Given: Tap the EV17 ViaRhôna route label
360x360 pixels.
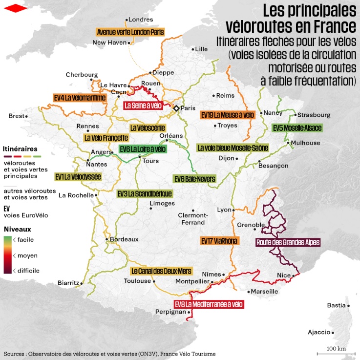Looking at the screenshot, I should pos(219,241).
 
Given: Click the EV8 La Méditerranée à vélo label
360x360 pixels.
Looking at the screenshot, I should pos(209,304).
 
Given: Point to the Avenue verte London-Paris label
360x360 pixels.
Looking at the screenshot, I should pos(130,32).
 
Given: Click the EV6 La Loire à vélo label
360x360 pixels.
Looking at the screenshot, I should pos(143,149).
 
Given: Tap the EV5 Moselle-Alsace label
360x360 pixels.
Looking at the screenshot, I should pos(297,128).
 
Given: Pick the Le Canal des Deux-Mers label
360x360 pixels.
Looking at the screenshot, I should pos(161,271).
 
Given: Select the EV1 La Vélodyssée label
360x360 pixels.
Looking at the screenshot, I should pos(78,176).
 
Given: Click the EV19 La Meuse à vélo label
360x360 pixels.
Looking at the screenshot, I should pos(228,115).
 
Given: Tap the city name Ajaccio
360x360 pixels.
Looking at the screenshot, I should pos(319,332).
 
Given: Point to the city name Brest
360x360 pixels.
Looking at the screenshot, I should pos(16,116).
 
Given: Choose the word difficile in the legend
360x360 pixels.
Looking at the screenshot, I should pos(28,270).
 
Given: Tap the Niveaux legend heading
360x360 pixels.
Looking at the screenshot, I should pos(18,229).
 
